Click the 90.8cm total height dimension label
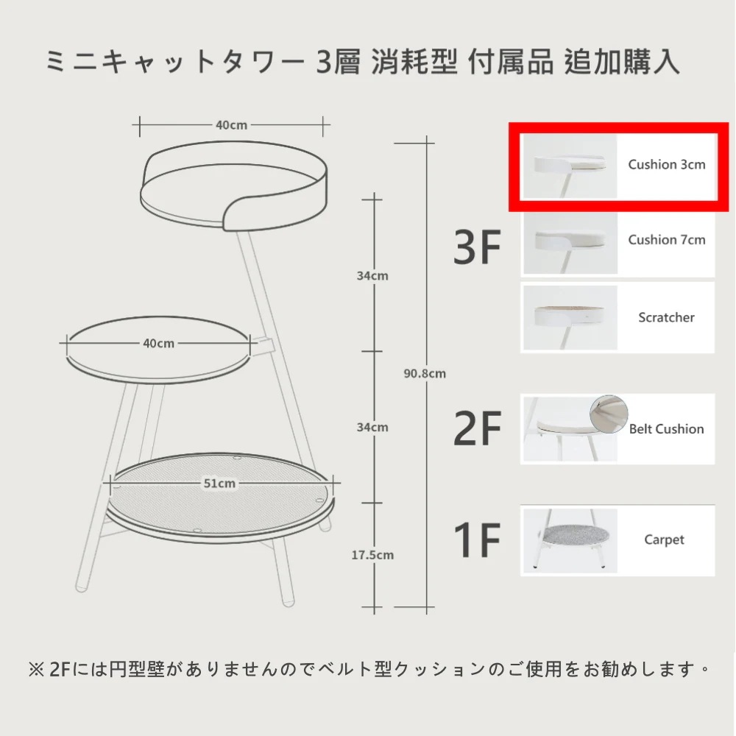click(x=425, y=374)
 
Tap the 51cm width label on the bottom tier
click(x=219, y=484)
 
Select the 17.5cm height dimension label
click(x=372, y=555)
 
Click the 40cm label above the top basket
click(x=231, y=125)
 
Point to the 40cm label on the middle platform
click(x=159, y=344)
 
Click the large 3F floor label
click(x=477, y=247)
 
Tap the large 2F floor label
click(x=477, y=428)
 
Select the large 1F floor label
click(x=477, y=539)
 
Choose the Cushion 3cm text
click(x=667, y=164)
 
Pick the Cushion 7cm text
click(x=667, y=240)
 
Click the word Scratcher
click(x=666, y=317)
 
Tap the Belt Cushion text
click(x=667, y=429)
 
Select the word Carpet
click(x=664, y=539)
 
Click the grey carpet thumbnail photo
click(x=570, y=541)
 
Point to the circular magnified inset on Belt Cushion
click(x=609, y=414)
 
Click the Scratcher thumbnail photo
click(x=570, y=318)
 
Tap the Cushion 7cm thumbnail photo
click(x=570, y=242)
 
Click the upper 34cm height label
click(x=372, y=275)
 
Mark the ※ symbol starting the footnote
click(x=36, y=670)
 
